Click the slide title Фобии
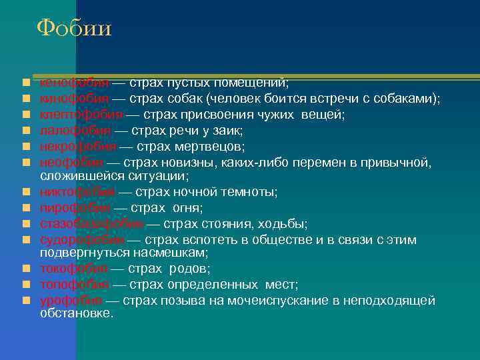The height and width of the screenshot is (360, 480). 74,29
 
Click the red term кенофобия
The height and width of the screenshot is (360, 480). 73,83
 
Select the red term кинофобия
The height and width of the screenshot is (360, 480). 73,99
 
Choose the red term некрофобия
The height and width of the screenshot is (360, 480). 77,146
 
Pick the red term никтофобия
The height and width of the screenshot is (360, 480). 77,192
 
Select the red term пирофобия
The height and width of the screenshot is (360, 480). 73,208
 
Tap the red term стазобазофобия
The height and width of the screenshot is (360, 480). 91,223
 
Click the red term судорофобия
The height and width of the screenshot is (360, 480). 82,239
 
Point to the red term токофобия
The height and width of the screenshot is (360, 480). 73,269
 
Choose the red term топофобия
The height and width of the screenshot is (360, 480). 73,285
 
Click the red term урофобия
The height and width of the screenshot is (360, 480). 71,301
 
